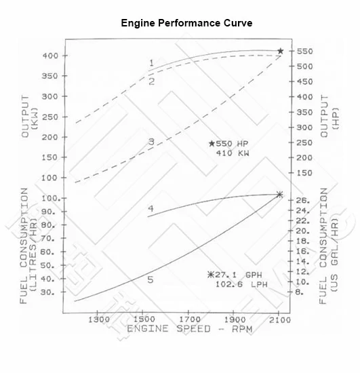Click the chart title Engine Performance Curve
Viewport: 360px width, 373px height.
(x=186, y=22)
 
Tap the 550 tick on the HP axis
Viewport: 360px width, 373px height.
(x=304, y=52)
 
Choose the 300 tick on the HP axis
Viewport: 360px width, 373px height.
(x=304, y=127)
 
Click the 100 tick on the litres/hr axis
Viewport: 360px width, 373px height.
(x=49, y=198)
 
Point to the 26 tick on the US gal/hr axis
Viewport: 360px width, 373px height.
(x=302, y=201)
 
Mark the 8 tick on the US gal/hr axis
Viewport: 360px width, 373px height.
(x=300, y=292)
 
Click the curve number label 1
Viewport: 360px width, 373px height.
(x=151, y=63)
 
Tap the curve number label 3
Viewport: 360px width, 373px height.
(x=151, y=142)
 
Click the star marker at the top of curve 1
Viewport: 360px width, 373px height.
(x=280, y=51)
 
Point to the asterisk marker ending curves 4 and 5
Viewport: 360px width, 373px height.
(x=280, y=195)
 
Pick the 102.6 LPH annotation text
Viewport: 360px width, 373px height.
(x=234, y=286)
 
